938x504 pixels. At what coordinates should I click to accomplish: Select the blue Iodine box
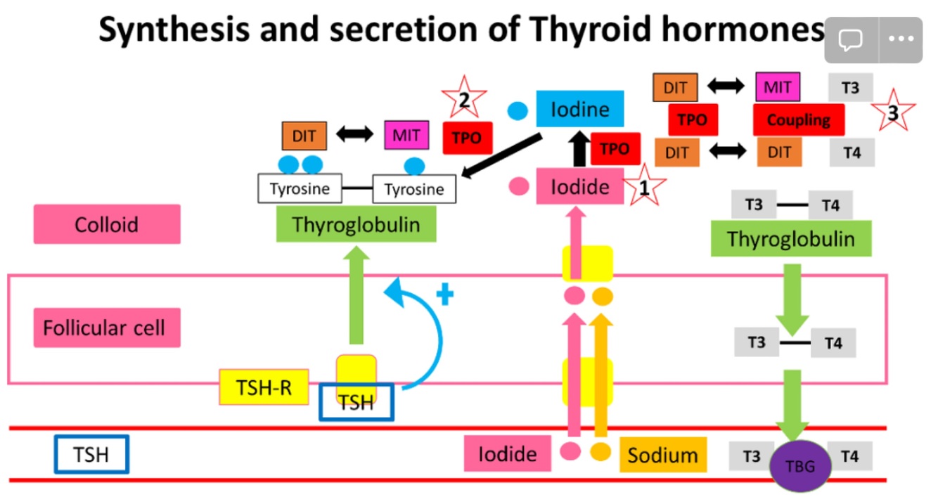[x=579, y=110]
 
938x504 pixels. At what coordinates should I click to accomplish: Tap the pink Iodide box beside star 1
[x=579, y=186]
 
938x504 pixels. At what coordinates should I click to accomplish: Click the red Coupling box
[x=798, y=119]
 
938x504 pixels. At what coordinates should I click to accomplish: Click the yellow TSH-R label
[x=264, y=387]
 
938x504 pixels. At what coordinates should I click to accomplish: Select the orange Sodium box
[x=662, y=455]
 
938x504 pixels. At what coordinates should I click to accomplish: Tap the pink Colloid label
[x=107, y=224]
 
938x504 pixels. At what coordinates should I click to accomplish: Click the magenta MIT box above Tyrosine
[x=406, y=135]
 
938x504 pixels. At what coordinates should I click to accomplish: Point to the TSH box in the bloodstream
[x=92, y=454]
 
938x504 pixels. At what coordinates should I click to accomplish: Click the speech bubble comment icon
[x=851, y=39]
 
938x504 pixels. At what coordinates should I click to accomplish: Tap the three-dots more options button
[x=901, y=39]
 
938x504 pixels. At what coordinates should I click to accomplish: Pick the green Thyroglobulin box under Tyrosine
[x=356, y=225]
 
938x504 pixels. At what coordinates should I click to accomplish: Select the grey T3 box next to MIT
[x=851, y=88]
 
